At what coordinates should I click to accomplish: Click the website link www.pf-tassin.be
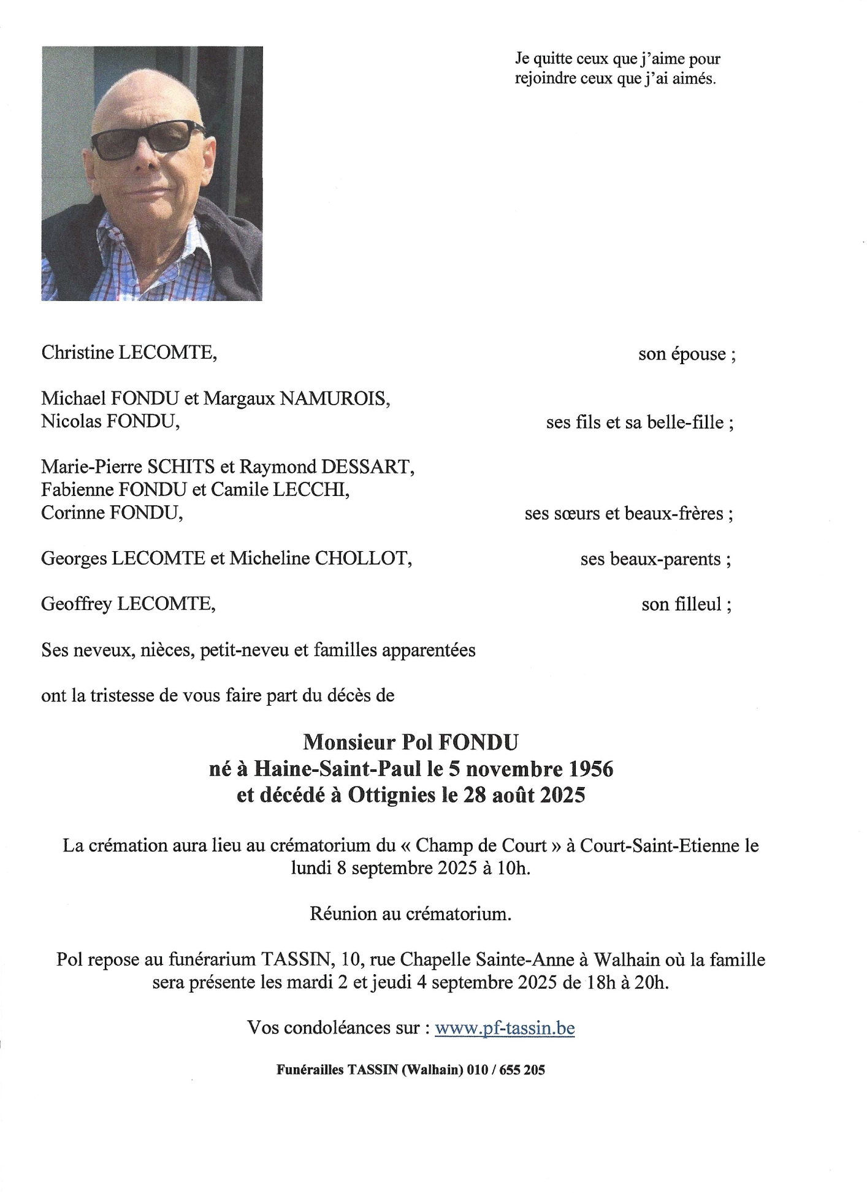(x=505, y=1027)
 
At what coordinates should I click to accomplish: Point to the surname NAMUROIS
(x=335, y=399)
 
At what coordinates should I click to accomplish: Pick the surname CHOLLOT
(x=363, y=558)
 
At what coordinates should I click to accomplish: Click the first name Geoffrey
(x=77, y=604)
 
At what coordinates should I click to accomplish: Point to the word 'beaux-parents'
(x=651, y=559)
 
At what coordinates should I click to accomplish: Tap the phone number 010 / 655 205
(x=506, y=1070)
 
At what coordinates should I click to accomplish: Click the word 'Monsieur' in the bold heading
(x=349, y=742)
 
